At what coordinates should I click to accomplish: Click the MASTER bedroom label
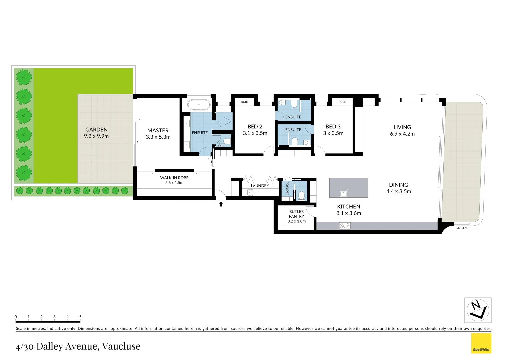tap(158, 131)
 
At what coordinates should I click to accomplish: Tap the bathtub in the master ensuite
tap(199, 105)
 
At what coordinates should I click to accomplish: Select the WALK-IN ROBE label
tap(174, 178)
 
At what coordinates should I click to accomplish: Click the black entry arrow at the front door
tap(221, 204)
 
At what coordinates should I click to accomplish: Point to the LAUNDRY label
tap(260, 186)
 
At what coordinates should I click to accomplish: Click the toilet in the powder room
tap(301, 195)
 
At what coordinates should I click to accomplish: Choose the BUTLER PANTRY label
tap(296, 214)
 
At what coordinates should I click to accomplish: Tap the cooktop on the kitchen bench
tap(345, 226)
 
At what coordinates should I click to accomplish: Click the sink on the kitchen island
tap(343, 194)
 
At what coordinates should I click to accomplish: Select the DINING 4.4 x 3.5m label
tap(399, 188)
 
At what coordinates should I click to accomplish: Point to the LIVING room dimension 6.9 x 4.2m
tap(402, 134)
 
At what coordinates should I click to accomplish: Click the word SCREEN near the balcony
tap(461, 228)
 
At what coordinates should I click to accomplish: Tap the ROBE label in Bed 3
tap(342, 102)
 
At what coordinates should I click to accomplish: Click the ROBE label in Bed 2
tap(245, 102)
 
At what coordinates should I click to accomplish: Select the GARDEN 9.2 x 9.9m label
tap(96, 133)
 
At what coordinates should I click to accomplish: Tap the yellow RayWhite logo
tap(481, 343)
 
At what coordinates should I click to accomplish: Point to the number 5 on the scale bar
tap(80, 317)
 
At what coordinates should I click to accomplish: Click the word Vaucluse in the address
tap(121, 346)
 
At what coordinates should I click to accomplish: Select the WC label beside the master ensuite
tap(221, 145)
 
